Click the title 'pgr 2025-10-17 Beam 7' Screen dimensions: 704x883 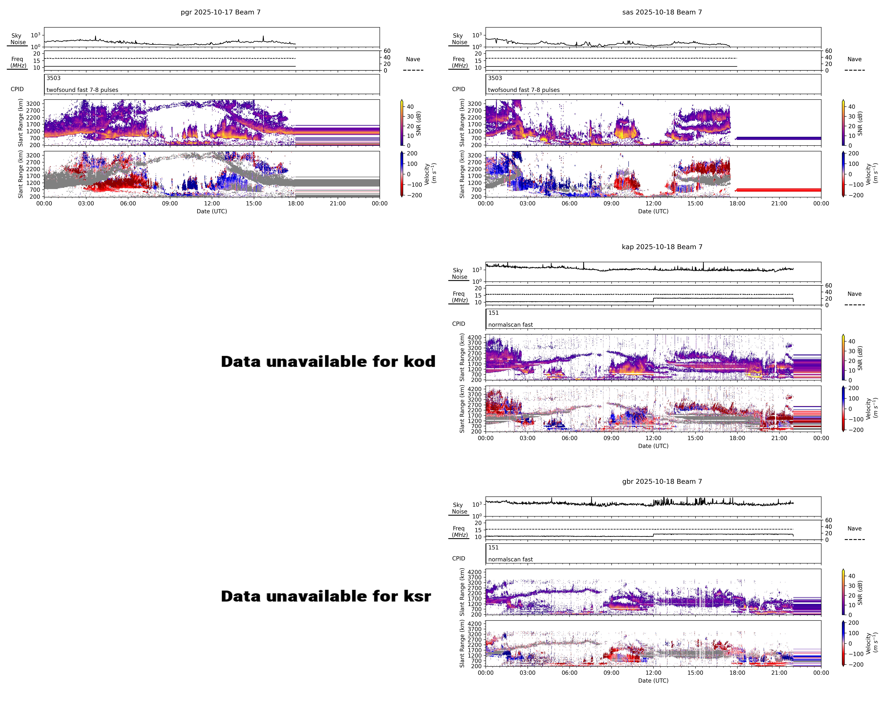(220, 12)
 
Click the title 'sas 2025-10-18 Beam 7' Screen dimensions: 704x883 (662, 12)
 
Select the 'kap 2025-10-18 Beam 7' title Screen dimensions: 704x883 (662, 247)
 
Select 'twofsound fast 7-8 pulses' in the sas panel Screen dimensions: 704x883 (523, 90)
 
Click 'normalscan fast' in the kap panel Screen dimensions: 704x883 (510, 325)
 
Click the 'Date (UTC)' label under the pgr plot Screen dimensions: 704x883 (212, 211)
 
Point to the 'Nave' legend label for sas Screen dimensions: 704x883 (854, 59)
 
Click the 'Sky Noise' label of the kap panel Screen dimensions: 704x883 (459, 273)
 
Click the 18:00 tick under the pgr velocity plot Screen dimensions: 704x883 (296, 203)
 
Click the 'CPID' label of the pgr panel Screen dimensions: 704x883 (17, 89)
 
